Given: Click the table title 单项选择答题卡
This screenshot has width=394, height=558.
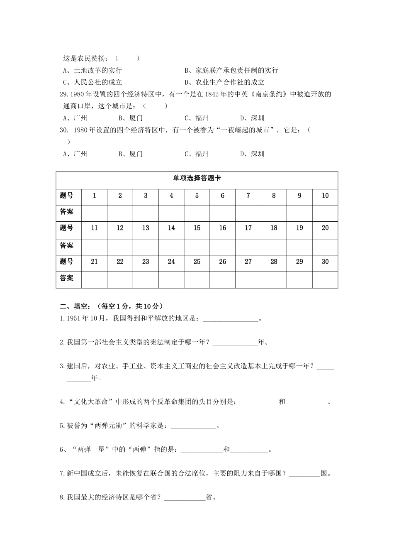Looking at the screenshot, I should [197, 178].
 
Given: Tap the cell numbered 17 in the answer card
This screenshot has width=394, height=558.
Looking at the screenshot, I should [248, 228].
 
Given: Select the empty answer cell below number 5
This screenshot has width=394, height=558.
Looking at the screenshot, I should [197, 212].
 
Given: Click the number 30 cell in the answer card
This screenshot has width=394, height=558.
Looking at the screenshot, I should [325, 262].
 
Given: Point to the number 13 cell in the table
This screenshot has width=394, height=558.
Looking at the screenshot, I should [146, 228].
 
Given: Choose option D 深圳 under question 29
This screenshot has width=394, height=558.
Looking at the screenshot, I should [252, 118].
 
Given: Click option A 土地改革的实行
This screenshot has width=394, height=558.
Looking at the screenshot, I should [92, 70].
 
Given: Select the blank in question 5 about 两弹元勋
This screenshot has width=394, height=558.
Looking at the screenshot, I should [193, 426].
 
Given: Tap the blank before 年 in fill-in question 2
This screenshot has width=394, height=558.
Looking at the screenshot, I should [235, 343].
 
